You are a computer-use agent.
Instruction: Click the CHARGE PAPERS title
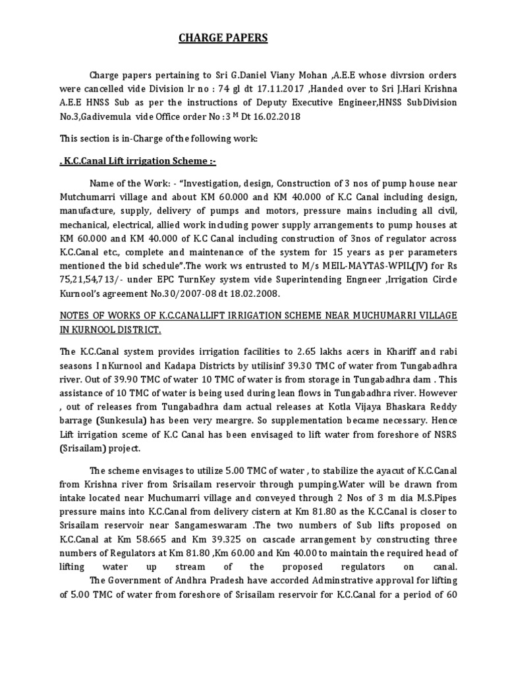[x=223, y=39]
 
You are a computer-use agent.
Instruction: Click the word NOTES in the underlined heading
[x=74, y=317]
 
